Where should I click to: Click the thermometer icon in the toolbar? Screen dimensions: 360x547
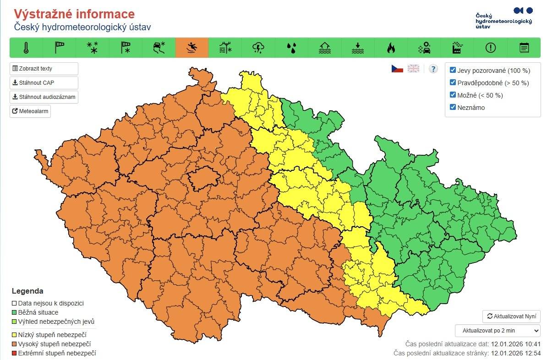[26, 48]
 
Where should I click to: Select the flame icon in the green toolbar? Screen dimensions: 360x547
[391, 48]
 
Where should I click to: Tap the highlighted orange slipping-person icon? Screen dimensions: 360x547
[192, 48]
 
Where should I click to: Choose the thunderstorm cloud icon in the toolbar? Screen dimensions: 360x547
[258, 48]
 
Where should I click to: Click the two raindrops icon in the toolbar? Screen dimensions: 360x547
[291, 48]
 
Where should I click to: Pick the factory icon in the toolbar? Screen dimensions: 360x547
[457, 48]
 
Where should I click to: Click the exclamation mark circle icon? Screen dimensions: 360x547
[491, 48]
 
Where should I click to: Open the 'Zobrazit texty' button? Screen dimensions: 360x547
[44, 69]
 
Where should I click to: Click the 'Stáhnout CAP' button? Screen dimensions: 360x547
[44, 83]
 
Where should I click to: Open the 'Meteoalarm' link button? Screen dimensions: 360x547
[30, 111]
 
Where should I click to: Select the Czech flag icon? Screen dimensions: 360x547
[397, 69]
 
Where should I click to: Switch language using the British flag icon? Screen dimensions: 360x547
[413, 69]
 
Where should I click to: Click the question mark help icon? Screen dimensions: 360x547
[433, 69]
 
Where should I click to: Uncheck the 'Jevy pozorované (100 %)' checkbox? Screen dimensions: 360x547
[453, 70]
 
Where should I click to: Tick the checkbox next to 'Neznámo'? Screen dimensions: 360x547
[453, 107]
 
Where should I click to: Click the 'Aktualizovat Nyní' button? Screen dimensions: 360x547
[511, 316]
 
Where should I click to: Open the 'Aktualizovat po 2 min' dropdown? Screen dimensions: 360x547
[498, 330]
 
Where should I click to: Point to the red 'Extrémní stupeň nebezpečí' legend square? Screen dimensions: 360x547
[14, 353]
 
